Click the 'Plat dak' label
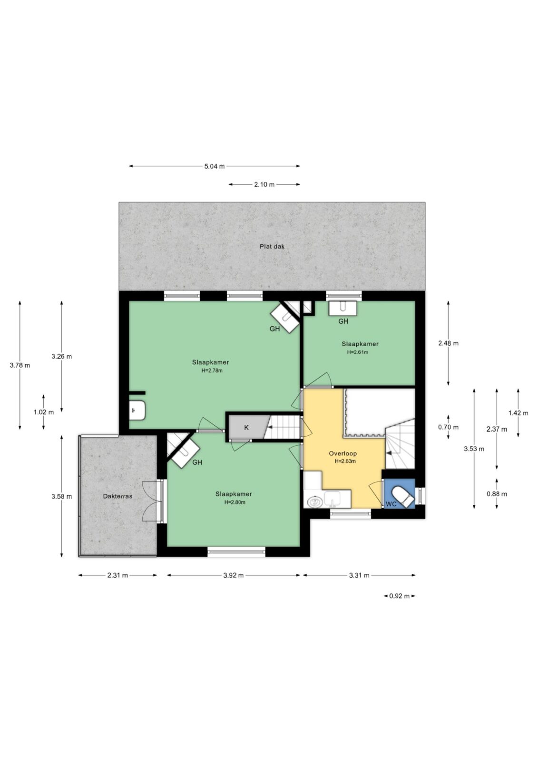click(x=272, y=247)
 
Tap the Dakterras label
click(x=117, y=496)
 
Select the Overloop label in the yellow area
click(x=342, y=453)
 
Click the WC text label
click(x=391, y=504)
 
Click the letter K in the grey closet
click(x=246, y=428)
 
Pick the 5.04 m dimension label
click(x=214, y=166)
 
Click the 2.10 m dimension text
click(x=264, y=185)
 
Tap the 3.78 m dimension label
click(x=20, y=365)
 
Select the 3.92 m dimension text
click(x=233, y=575)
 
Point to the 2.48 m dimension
click(x=448, y=343)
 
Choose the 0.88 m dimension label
click(x=497, y=494)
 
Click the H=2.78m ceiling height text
click(x=212, y=371)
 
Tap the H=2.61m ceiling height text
click(x=357, y=352)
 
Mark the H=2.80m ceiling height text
click(x=235, y=502)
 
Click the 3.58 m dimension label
click(x=62, y=496)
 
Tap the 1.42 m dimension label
click(x=518, y=413)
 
